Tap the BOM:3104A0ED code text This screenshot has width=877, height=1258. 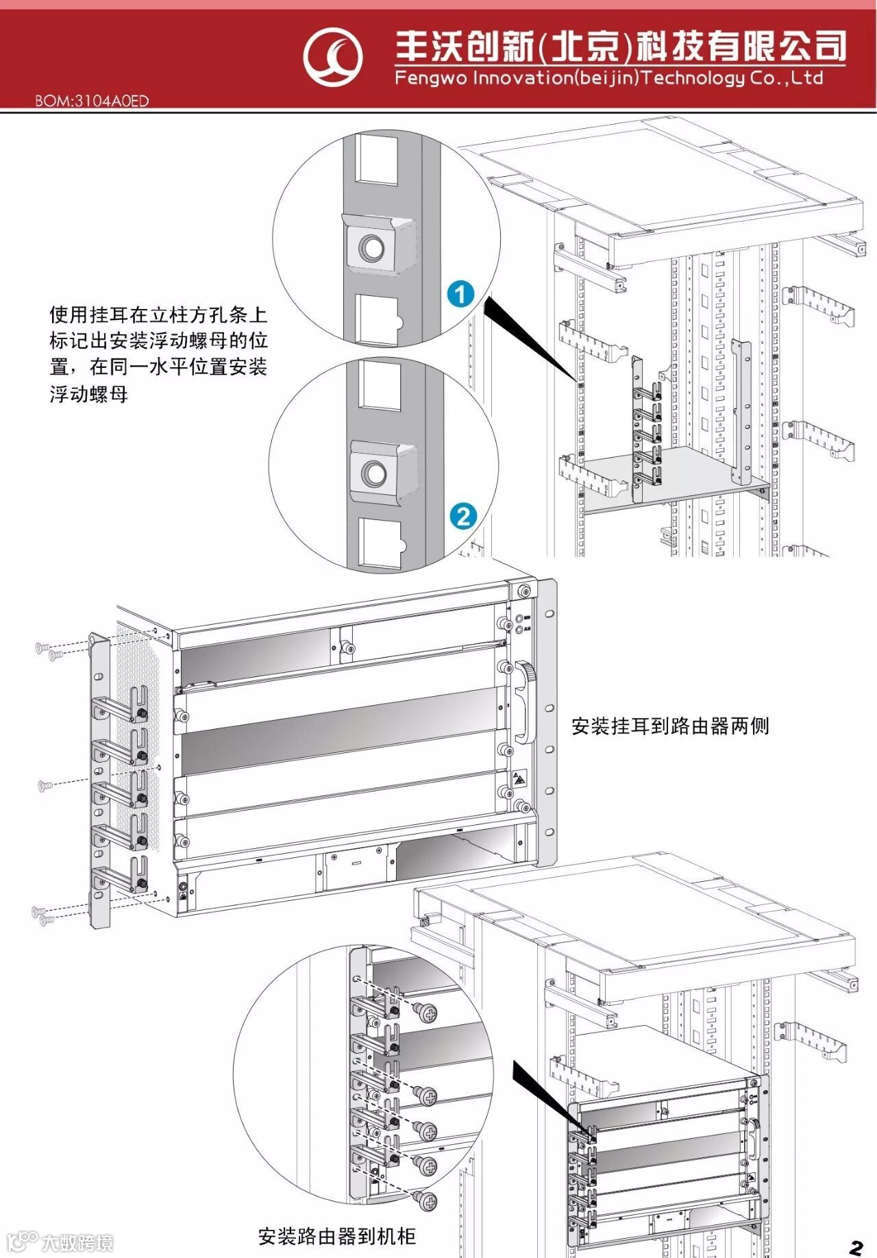click(92, 101)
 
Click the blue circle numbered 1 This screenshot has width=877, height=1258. click(460, 293)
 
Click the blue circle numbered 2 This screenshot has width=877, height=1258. click(463, 515)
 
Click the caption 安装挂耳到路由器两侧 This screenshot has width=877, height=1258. click(670, 726)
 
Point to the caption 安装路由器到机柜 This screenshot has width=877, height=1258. click(336, 1237)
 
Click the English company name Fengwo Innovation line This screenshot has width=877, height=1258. click(608, 77)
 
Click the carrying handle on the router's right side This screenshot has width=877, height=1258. click(523, 702)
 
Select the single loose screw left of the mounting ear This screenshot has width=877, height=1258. click(45, 785)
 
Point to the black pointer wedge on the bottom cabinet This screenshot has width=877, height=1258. click(548, 1094)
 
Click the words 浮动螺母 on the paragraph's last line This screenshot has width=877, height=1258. click(89, 395)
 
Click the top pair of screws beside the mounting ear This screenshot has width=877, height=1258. click(49, 651)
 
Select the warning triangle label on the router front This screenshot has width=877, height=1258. click(519, 779)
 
